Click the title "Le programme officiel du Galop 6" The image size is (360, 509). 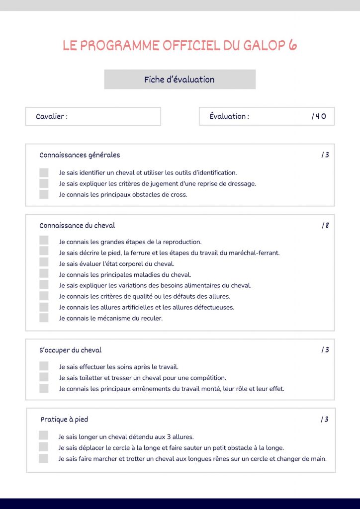tap(180, 46)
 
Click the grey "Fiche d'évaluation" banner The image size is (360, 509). tap(180, 80)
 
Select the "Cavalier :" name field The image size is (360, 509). tap(93, 116)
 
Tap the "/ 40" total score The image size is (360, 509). tap(319, 116)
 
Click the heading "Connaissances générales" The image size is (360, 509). tap(80, 155)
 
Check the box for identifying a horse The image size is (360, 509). tap(44, 172)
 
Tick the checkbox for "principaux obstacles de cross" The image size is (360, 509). tap(44, 194)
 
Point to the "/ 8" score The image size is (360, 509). tap(325, 225)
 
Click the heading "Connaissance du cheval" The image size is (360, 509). tap(77, 225)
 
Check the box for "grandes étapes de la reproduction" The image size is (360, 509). tap(44, 242)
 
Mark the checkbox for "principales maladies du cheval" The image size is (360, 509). tap(44, 274)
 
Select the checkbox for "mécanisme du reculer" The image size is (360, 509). tap(44, 318)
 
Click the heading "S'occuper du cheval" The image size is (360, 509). tap(71, 350)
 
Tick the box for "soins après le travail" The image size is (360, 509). tap(44, 367)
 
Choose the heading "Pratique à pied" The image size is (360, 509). tap(64, 420)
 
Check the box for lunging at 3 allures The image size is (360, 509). tap(43, 436)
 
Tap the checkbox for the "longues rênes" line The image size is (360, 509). tap(43, 458)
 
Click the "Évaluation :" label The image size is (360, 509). tap(229, 116)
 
